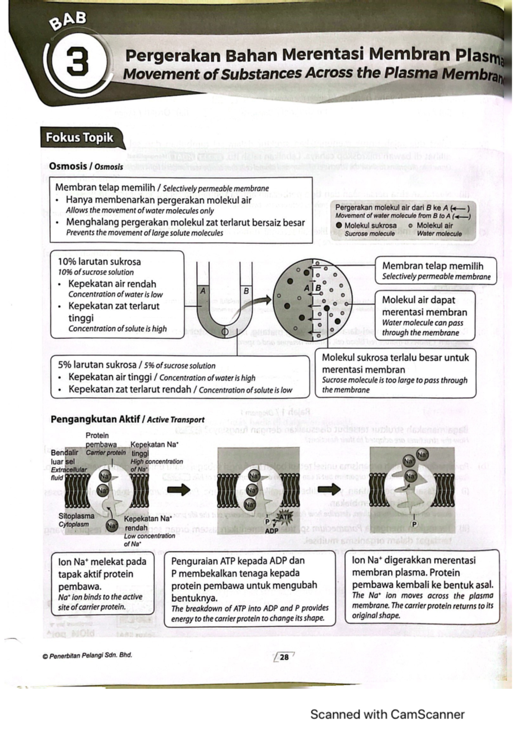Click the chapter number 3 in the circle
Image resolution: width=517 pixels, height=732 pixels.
click(78, 61)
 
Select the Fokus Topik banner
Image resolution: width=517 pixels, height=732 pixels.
click(80, 138)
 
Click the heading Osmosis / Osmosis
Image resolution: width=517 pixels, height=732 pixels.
click(86, 166)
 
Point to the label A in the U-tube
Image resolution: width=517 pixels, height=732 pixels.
click(202, 291)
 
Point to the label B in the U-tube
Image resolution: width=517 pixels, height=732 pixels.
click(246, 291)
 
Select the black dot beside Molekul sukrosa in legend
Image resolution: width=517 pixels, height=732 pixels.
click(339, 225)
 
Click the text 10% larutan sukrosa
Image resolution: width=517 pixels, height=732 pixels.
click(100, 262)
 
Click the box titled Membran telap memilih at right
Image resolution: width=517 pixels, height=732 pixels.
click(436, 271)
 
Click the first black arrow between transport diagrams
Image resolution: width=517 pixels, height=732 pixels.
click(178, 489)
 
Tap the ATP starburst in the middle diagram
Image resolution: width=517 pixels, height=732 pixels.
click(285, 516)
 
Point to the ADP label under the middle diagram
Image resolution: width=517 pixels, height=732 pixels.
click(271, 531)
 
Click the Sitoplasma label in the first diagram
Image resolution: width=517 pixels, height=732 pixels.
click(76, 516)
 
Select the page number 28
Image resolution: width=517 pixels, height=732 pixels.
click(284, 657)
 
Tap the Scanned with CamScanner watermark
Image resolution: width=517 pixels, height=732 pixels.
click(387, 714)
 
